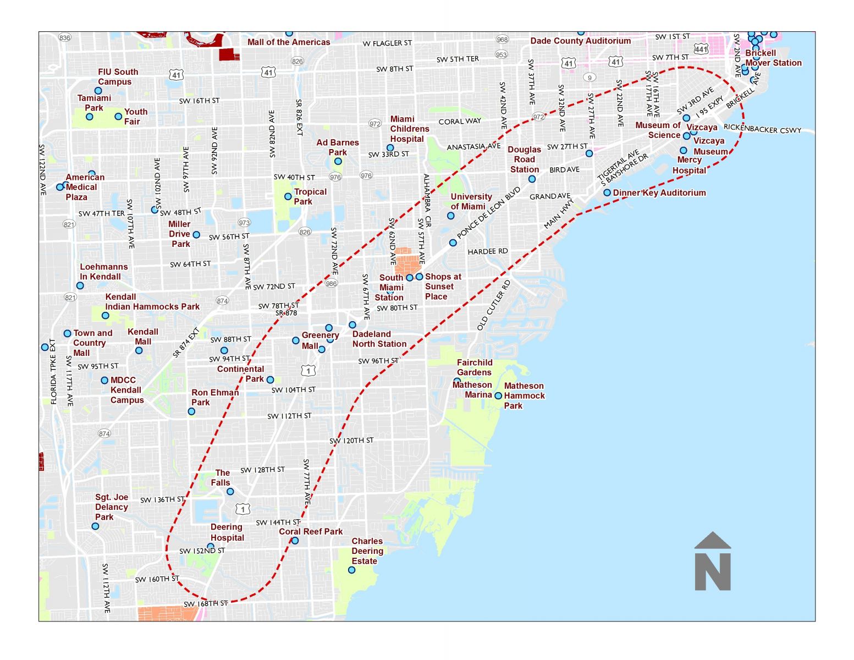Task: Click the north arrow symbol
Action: click(713, 562)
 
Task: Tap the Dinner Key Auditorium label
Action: click(659, 193)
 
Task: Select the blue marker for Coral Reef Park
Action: click(295, 541)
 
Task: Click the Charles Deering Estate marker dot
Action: click(352, 570)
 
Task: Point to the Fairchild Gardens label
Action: click(475, 367)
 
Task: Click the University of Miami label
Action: click(471, 201)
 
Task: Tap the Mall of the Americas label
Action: click(289, 42)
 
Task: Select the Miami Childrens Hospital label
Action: click(410, 129)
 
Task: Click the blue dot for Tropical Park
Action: click(288, 196)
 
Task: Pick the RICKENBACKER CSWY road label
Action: click(762, 129)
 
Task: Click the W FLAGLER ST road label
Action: click(387, 43)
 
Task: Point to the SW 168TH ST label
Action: click(205, 603)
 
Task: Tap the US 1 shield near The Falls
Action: click(243, 510)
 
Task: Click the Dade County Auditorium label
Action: click(580, 41)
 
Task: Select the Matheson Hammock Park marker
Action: click(498, 395)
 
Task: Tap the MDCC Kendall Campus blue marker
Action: click(104, 380)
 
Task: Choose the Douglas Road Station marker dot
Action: click(532, 179)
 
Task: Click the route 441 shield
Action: click(701, 50)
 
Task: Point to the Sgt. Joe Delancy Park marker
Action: click(95, 526)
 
